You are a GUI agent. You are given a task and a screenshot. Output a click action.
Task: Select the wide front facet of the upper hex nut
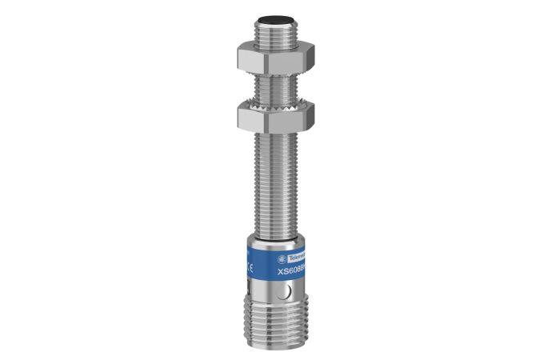(x=273, y=57)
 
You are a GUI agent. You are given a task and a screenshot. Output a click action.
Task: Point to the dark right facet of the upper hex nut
(x=309, y=56)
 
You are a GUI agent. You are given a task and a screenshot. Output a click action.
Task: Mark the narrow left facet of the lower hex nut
(x=242, y=118)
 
